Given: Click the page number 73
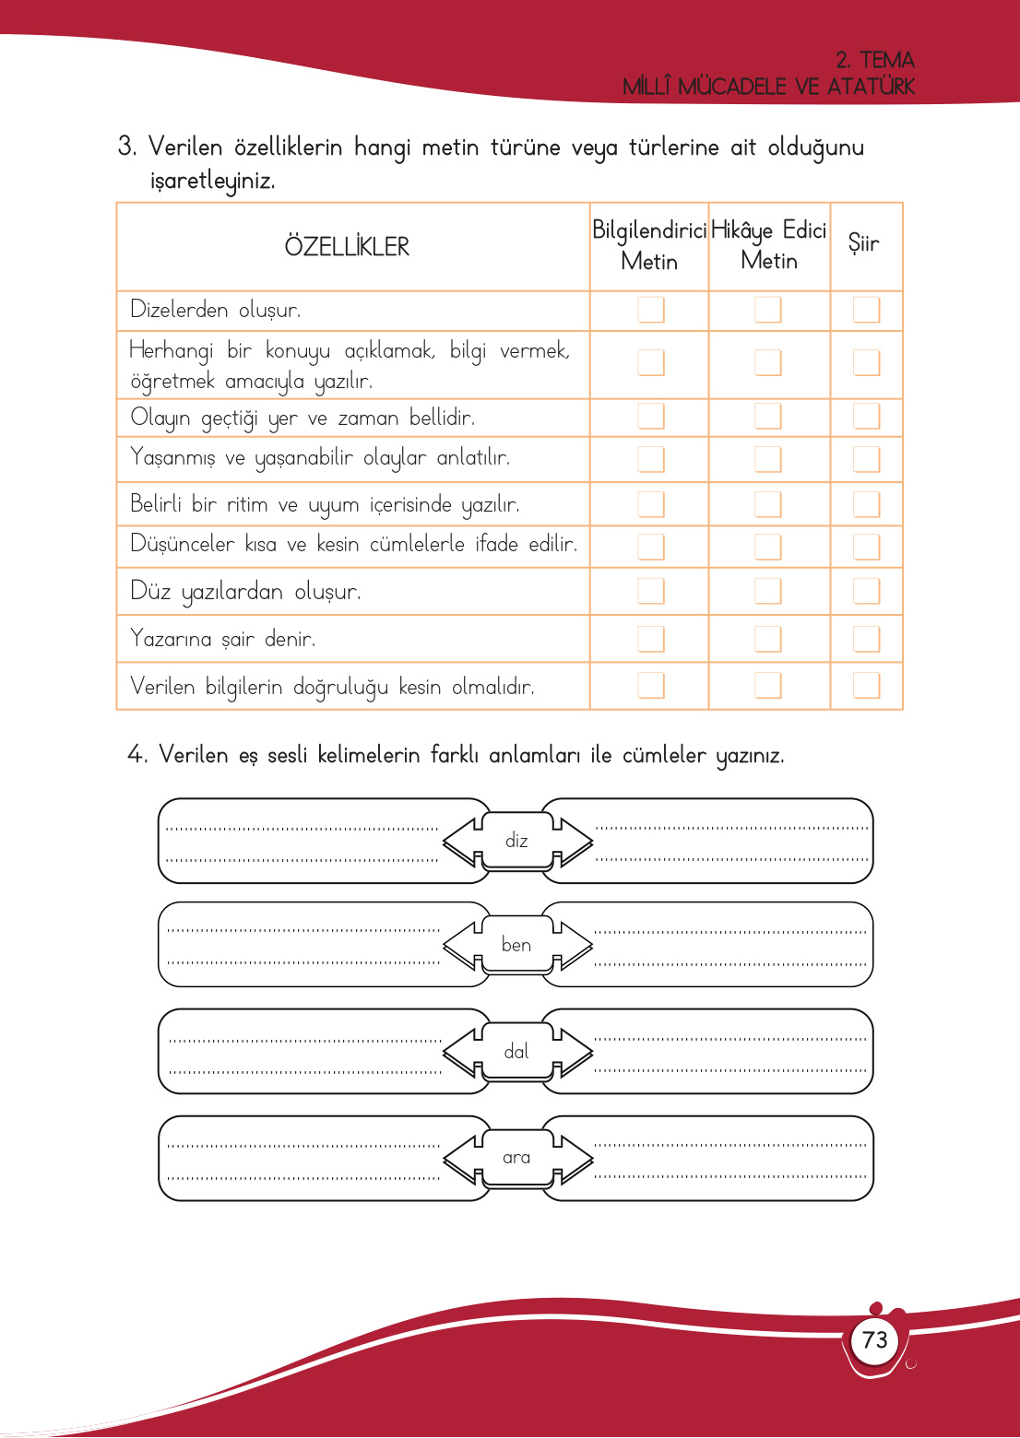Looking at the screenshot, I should point(874,1339).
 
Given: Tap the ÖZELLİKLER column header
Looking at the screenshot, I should point(347,247).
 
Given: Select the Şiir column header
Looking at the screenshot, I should point(864,243).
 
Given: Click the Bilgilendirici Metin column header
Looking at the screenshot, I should point(649,246).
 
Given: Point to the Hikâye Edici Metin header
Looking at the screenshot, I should point(769,245).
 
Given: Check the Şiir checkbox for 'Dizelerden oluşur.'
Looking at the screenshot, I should point(866,310).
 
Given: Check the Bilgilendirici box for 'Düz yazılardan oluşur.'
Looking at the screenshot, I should point(651,591).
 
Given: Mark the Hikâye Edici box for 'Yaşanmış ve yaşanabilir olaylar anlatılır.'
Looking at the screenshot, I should point(768,458).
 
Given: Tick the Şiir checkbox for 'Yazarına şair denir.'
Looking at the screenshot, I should point(866,638).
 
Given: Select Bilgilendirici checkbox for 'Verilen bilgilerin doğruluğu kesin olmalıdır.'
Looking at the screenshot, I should point(651,685).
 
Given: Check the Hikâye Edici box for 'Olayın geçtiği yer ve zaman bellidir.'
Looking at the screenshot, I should point(768,417).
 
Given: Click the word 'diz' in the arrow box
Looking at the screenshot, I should point(516,841).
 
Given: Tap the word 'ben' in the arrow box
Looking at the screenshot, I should point(516,945).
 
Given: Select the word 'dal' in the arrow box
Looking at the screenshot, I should point(516,1052).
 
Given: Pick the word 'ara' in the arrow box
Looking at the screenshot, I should point(516,1158).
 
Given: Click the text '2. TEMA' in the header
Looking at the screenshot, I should point(874,60).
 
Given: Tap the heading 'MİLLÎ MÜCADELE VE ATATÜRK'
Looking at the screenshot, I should point(768,87).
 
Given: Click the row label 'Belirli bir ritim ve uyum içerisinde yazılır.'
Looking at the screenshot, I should point(325,505).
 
